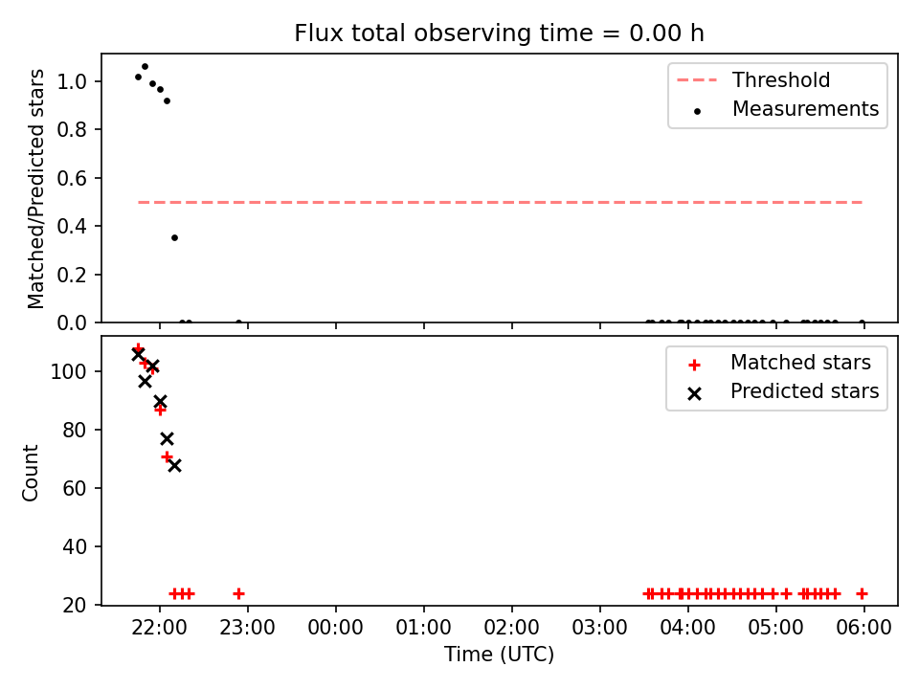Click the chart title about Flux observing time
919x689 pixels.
point(500,33)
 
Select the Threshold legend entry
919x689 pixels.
point(753,79)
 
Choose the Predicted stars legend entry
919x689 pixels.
point(783,391)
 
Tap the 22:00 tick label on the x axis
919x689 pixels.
point(160,628)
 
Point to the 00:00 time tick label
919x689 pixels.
point(336,628)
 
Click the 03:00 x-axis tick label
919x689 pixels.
point(599,628)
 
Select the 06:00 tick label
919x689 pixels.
point(863,628)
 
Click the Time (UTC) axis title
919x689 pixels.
point(500,654)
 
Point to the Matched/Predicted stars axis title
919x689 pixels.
point(35,189)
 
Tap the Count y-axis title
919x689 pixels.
point(30,473)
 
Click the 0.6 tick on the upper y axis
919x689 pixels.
point(72,178)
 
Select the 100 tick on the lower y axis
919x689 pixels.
point(69,372)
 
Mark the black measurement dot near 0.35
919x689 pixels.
point(174,238)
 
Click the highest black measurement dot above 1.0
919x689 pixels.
point(145,67)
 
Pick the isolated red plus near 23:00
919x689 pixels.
point(238,594)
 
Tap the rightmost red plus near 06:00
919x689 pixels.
point(862,594)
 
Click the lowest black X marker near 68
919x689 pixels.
point(174,466)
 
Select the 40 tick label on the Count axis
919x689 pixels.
point(75,546)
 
